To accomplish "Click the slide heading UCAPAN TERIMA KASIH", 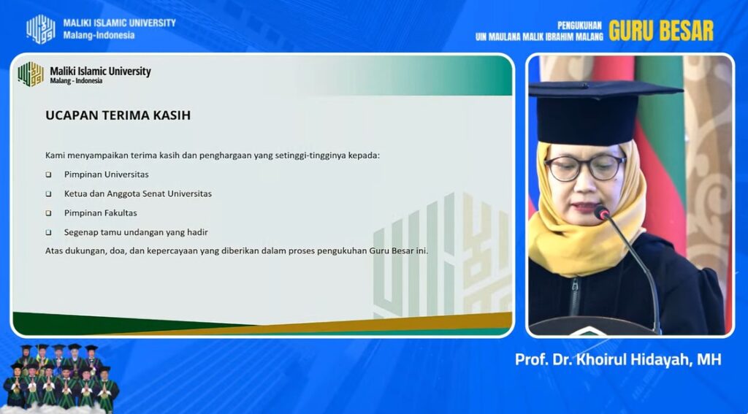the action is tap(118, 115).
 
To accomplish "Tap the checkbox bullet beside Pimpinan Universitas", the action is tap(48, 175).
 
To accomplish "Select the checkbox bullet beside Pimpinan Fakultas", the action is tap(48, 213).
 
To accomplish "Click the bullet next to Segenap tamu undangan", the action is tap(48, 233).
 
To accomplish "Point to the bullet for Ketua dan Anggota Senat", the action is tap(48, 194).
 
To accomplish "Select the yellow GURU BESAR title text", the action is tap(660, 31).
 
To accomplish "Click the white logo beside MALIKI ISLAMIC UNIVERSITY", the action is tap(41, 29).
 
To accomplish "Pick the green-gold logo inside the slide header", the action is tap(31, 74).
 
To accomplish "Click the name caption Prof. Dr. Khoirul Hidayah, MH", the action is tap(618, 360).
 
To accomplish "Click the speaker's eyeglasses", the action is tap(585, 167).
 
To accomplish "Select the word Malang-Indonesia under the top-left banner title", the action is tap(99, 35).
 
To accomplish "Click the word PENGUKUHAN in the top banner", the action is tap(579, 26).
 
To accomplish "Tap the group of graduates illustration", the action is tap(61, 377).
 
